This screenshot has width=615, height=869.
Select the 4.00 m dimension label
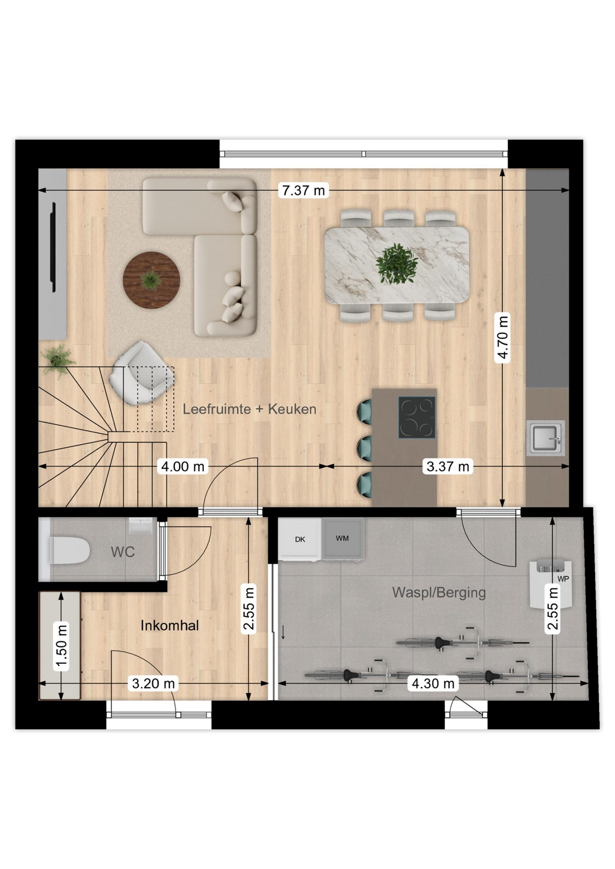coord(183,466)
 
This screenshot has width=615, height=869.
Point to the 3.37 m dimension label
coord(447,466)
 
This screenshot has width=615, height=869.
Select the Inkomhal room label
coord(170,626)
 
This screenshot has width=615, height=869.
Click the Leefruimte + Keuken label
coord(250,409)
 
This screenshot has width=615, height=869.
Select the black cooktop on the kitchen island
coord(416,418)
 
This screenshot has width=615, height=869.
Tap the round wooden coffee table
coord(151,280)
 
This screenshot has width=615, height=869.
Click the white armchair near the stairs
coord(142,373)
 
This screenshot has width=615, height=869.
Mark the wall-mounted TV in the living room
coord(54,248)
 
